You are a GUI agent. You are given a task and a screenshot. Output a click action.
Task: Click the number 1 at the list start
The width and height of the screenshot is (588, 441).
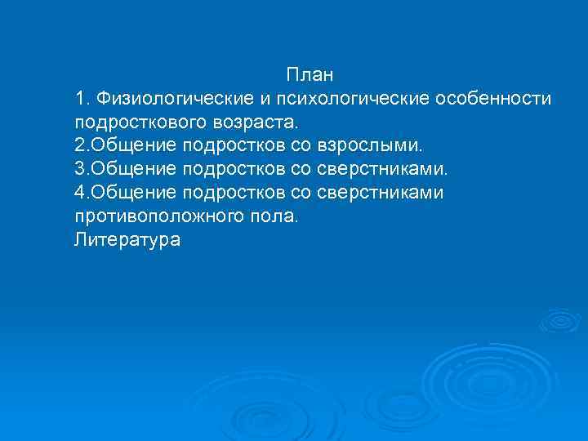click(x=79, y=100)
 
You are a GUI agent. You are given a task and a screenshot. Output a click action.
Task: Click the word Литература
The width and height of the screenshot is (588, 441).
click(x=127, y=241)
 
